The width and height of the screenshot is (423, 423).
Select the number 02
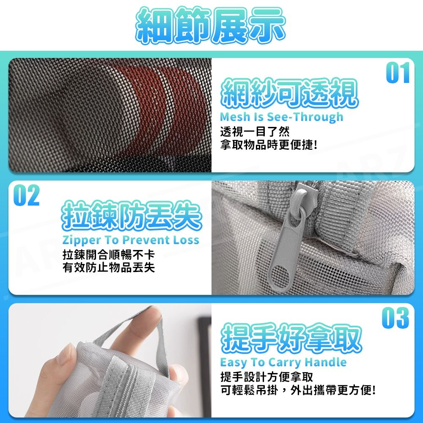pos(26,195)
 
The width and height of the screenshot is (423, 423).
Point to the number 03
pos(395,318)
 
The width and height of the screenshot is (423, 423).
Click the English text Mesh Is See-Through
pos(281,117)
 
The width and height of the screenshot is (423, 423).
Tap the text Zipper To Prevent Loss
pos(131,240)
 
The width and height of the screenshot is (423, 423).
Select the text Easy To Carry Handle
pos(283,362)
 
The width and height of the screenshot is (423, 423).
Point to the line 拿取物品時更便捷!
pos(269,145)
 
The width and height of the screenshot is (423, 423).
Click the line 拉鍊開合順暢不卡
pos(108,255)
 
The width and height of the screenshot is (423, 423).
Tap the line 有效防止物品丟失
pos(108,268)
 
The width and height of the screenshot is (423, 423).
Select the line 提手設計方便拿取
pos(266,376)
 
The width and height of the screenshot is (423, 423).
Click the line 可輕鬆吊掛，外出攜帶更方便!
pos(298,390)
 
